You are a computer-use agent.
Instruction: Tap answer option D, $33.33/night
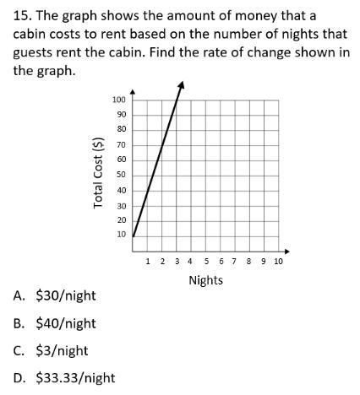[75, 378]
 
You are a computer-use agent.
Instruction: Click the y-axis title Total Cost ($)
[99, 172]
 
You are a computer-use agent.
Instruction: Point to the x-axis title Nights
[205, 280]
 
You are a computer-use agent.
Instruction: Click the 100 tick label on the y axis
[119, 100]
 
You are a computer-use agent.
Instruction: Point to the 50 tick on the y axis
[121, 175]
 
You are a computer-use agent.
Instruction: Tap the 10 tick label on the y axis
[121, 234]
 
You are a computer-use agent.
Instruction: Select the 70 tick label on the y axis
[121, 145]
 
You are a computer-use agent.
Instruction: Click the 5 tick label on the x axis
[206, 262]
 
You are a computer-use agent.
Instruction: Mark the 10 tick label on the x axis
[279, 262]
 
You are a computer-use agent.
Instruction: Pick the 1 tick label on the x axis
[149, 262]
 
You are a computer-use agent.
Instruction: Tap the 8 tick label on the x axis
[249, 262]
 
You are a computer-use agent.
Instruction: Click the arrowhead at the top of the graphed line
[181, 84]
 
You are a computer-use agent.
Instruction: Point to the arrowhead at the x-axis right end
[285, 251]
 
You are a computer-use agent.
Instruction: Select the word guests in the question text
[35, 52]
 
